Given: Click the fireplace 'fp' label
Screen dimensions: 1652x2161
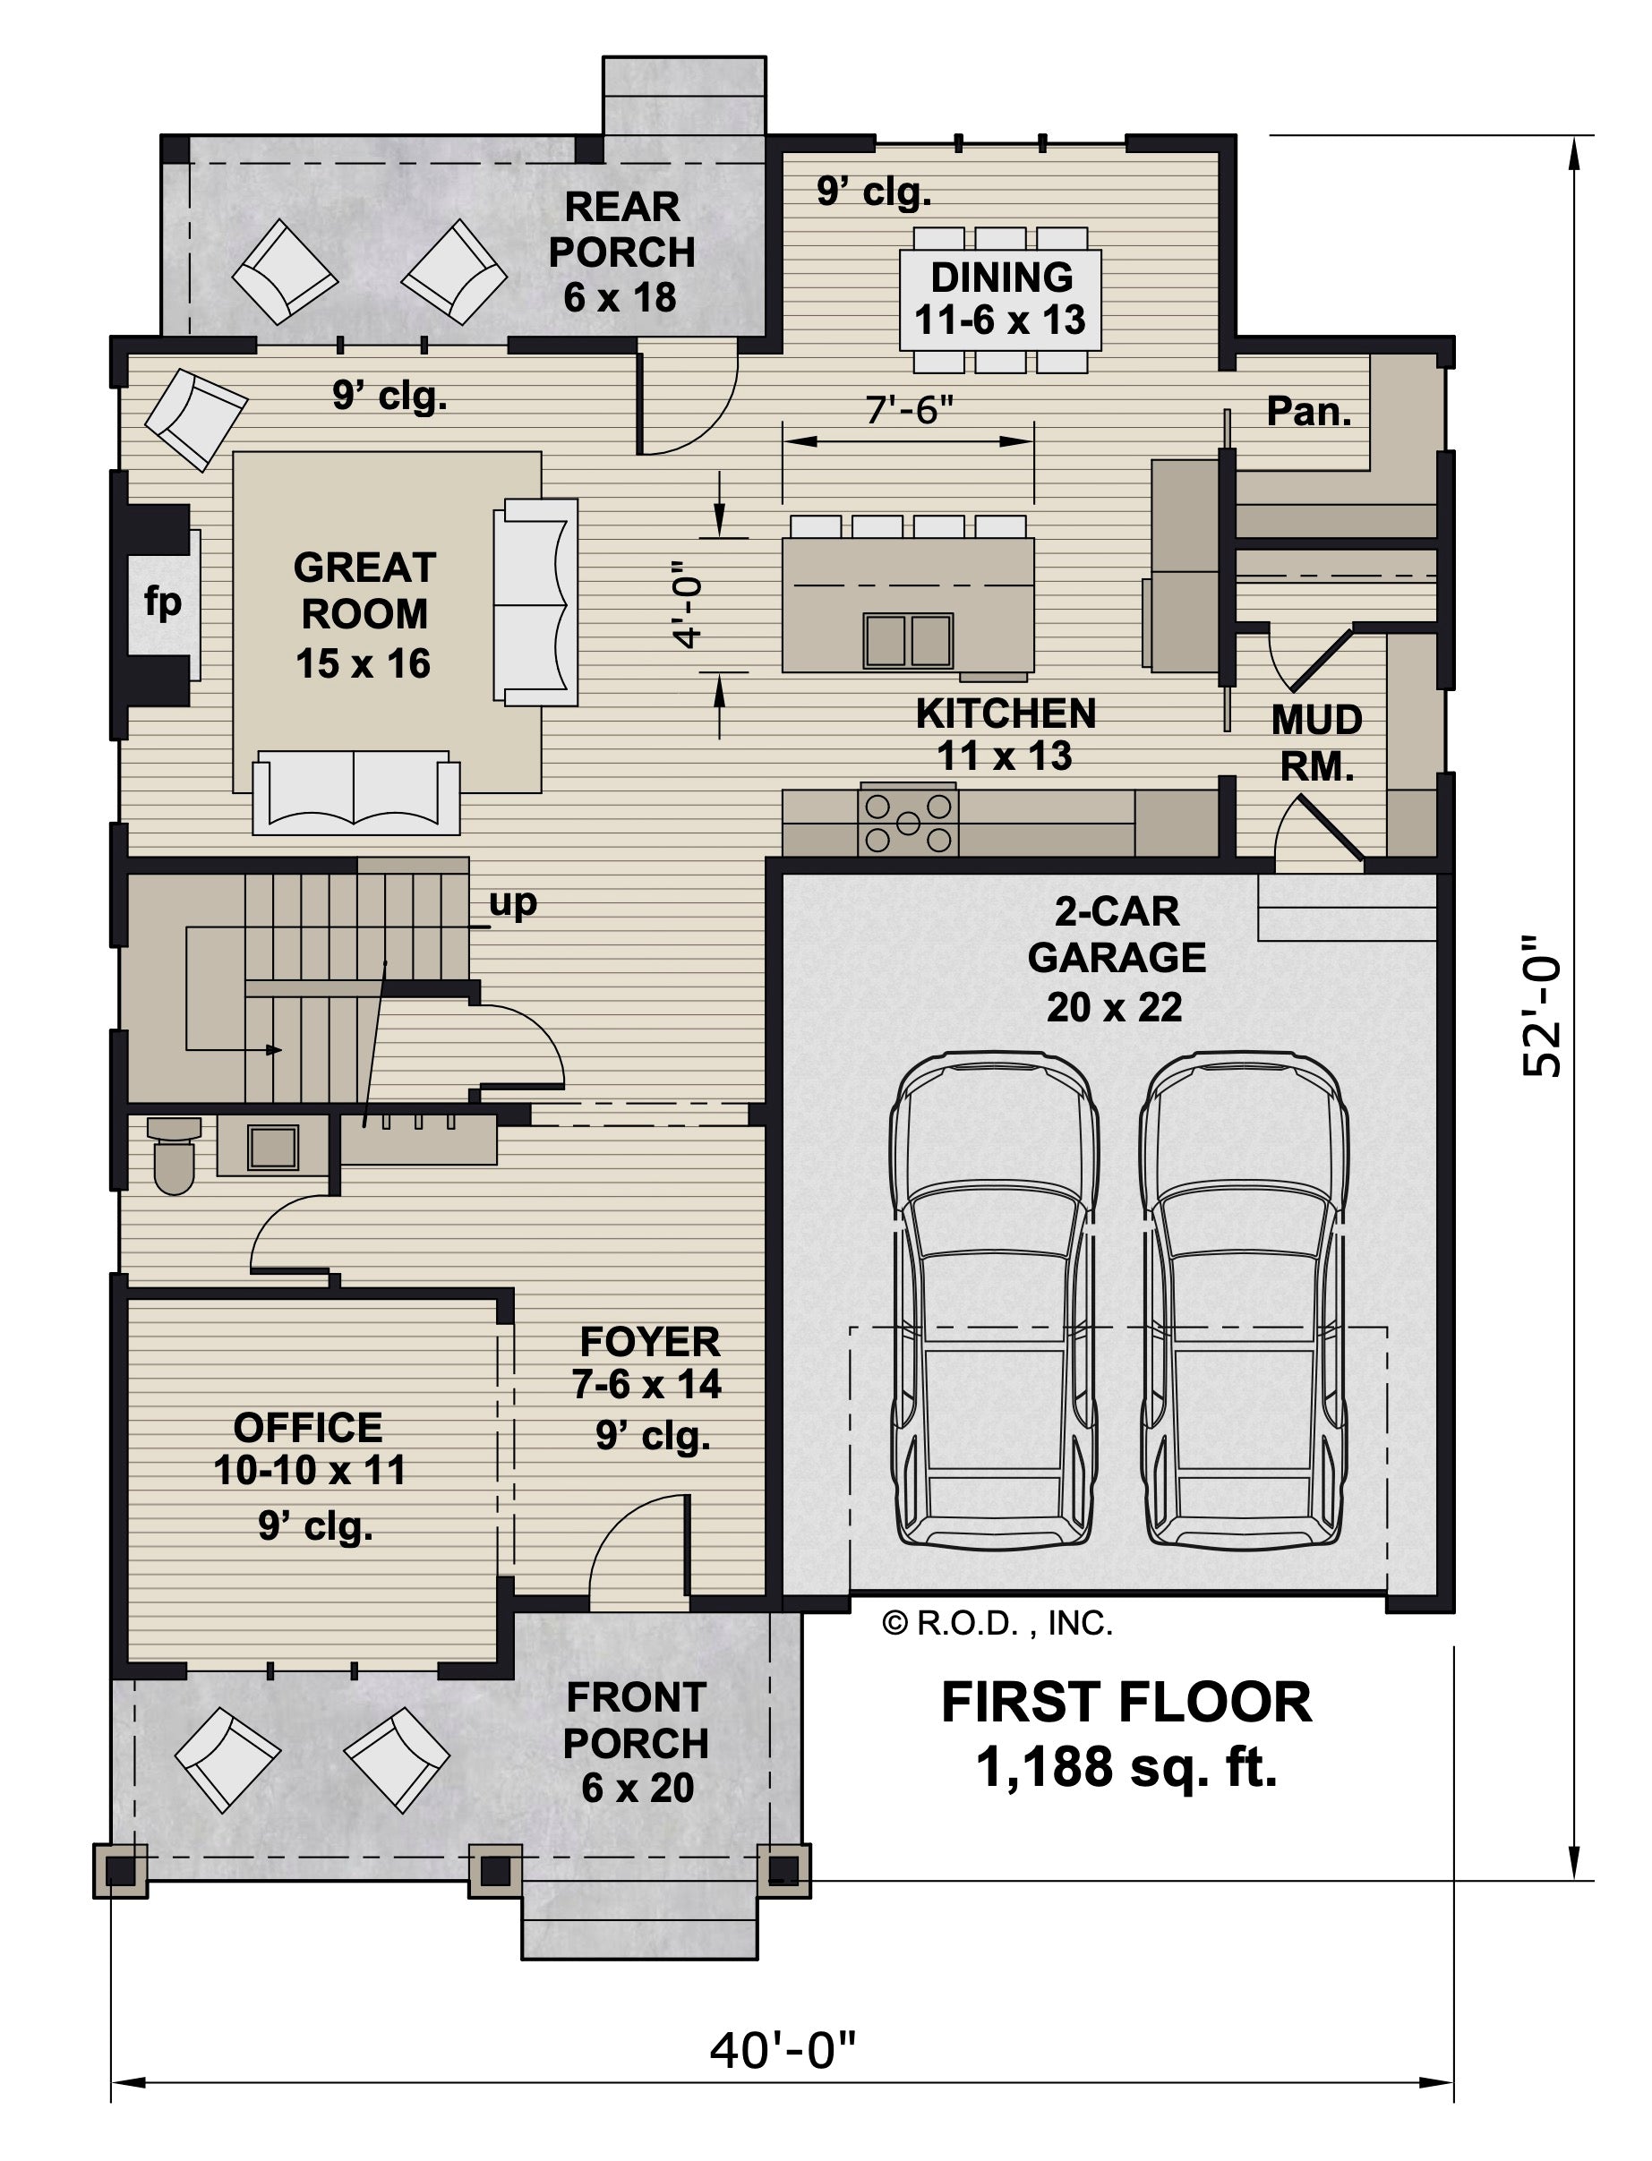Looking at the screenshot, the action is (162, 602).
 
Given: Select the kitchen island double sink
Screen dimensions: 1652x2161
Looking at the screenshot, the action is (909, 640).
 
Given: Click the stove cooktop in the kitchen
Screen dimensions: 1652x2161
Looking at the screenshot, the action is (909, 821).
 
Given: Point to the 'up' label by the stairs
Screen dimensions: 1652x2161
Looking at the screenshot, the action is (513, 902).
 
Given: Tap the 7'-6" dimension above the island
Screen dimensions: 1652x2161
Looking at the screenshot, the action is (911, 409).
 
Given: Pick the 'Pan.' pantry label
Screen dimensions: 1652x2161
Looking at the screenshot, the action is (1309, 411).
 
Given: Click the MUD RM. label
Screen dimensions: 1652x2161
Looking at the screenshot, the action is (1317, 742).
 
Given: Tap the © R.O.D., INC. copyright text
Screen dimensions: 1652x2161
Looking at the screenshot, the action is (997, 1623).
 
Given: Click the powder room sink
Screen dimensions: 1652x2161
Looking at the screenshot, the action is (272, 1145).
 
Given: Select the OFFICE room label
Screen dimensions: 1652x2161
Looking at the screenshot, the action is (308, 1427).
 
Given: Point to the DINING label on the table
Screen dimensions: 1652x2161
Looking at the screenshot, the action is (1002, 278).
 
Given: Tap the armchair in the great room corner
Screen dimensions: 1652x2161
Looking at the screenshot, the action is (196, 420).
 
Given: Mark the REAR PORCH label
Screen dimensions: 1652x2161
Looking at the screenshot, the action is (621, 229).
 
